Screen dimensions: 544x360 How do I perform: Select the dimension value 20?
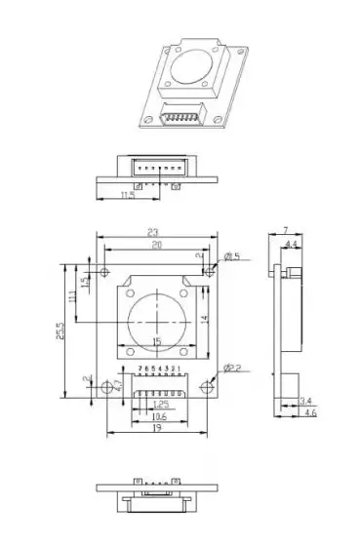click(156, 247)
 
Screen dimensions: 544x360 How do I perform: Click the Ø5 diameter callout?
click(232, 257)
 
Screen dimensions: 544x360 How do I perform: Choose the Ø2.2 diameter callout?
click(232, 368)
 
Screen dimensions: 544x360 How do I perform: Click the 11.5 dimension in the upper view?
click(127, 196)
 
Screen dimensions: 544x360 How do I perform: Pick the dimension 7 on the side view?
click(286, 232)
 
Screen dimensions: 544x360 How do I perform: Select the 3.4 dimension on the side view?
click(305, 401)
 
